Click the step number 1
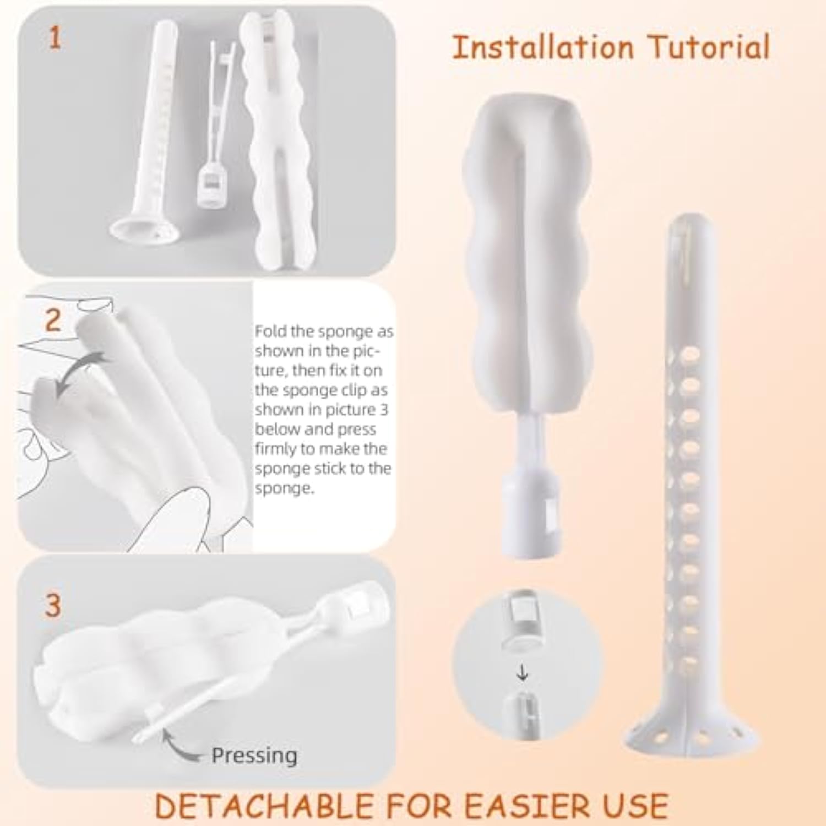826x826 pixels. (x=55, y=39)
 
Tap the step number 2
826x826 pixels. (x=53, y=320)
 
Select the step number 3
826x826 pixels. (x=53, y=605)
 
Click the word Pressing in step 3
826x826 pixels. (x=254, y=756)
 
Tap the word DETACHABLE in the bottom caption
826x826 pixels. (x=265, y=806)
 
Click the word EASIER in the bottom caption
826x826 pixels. (x=523, y=806)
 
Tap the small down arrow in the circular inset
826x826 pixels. (x=522, y=673)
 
